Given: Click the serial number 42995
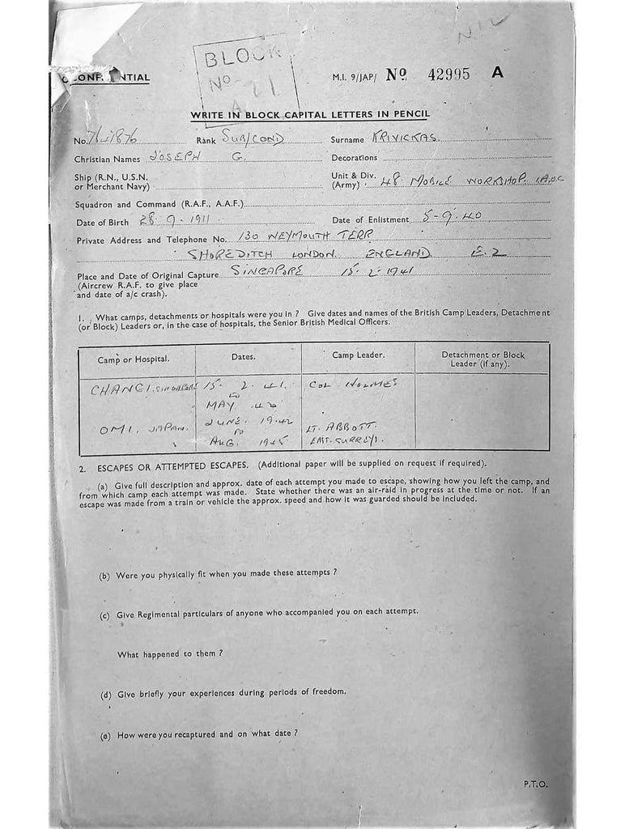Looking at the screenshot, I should (x=449, y=74).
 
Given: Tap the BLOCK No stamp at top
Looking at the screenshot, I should (x=244, y=72).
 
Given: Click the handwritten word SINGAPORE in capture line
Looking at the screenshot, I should (x=266, y=270).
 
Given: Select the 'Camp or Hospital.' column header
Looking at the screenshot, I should (x=134, y=357).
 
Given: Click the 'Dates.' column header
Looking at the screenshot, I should (x=243, y=356).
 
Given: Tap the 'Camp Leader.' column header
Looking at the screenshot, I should (x=358, y=355).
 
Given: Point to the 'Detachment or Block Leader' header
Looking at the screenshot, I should (x=483, y=359).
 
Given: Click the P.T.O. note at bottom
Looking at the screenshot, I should (x=535, y=784).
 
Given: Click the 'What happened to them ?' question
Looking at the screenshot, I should (x=170, y=653).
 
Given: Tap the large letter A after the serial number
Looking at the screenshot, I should (x=497, y=73).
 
